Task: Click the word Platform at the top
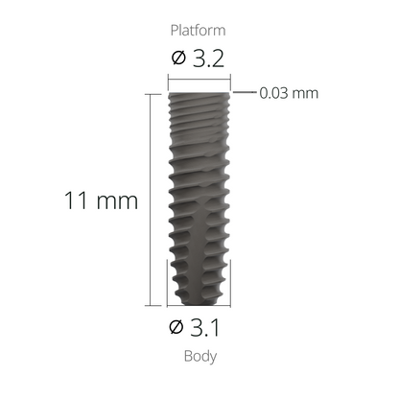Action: (x=199, y=31)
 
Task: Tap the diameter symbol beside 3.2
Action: (x=177, y=59)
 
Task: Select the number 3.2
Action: (x=208, y=59)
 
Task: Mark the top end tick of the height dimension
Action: (x=151, y=93)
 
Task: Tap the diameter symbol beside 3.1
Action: (x=176, y=329)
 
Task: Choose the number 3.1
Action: (x=208, y=329)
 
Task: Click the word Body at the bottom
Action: (x=199, y=356)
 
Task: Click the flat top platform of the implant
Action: (x=199, y=94)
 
